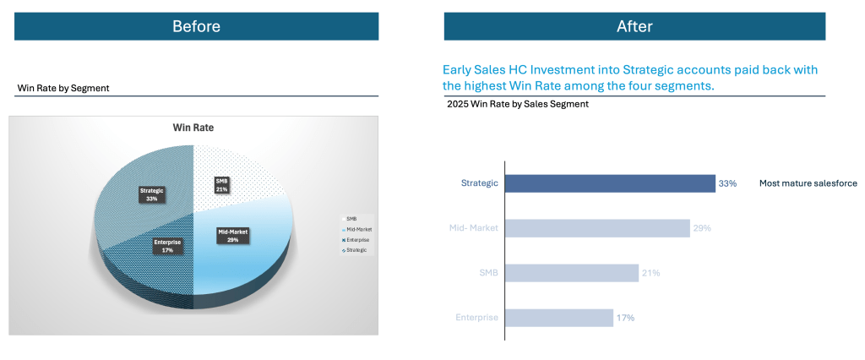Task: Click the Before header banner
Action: (x=196, y=26)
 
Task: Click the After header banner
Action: (x=634, y=26)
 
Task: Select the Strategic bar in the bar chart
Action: (x=610, y=183)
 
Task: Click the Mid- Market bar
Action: (x=597, y=228)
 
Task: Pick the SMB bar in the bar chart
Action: (x=572, y=273)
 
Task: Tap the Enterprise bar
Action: (x=559, y=318)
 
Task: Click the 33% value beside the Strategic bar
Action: (x=727, y=183)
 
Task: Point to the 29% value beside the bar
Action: (x=702, y=228)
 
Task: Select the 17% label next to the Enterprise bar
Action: (x=625, y=318)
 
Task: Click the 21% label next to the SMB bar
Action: (x=650, y=273)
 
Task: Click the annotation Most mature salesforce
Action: (x=808, y=183)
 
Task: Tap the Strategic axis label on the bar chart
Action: (x=479, y=183)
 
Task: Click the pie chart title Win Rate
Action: (x=193, y=128)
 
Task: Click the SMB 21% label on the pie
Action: (x=222, y=184)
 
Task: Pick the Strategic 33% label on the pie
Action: (x=152, y=195)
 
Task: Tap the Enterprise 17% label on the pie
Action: (x=167, y=247)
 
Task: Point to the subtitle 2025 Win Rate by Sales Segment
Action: (x=517, y=105)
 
